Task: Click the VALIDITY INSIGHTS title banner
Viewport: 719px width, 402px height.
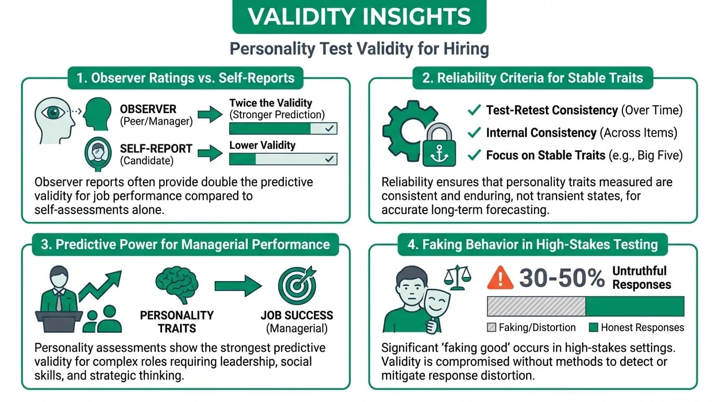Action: tap(359, 17)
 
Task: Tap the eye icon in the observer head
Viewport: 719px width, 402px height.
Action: tap(53, 112)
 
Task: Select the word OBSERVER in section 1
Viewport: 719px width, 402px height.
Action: tap(148, 109)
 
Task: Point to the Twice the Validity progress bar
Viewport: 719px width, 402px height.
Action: tap(283, 129)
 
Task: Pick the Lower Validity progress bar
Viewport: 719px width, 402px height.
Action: tap(283, 159)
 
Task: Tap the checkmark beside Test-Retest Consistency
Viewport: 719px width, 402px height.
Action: tap(474, 110)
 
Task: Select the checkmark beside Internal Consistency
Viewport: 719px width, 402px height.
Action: tap(474, 133)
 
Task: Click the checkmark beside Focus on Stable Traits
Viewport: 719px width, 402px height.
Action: tap(474, 155)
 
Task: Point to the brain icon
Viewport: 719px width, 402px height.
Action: tap(177, 285)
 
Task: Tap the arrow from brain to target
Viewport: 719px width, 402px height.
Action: tap(238, 285)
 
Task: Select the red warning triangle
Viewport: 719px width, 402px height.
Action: tap(500, 278)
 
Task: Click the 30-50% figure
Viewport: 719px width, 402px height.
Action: tap(562, 278)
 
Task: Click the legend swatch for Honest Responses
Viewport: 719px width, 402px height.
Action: tap(593, 328)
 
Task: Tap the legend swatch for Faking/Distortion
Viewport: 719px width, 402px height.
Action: tap(491, 328)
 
